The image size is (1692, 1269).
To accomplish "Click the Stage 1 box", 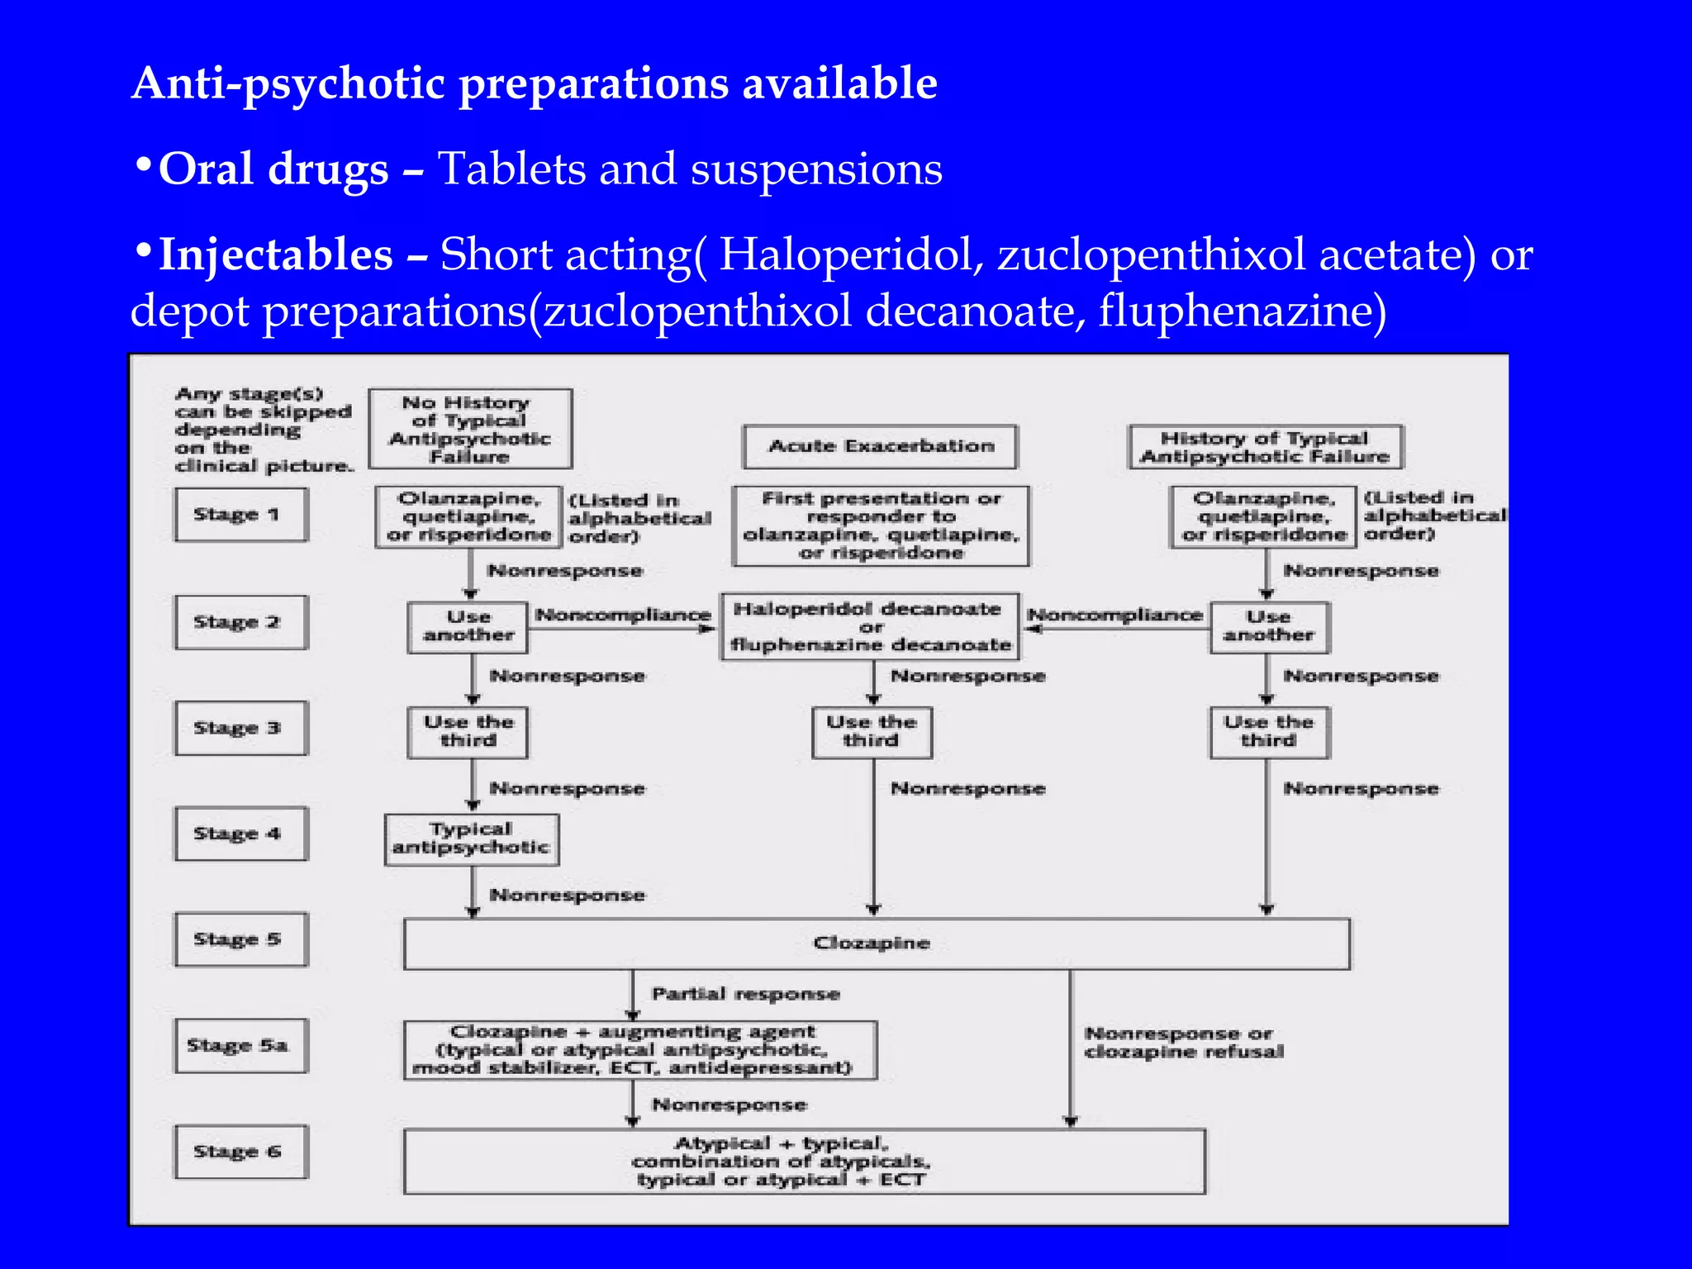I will pos(240,514).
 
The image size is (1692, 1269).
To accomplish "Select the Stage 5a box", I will pos(240,1045).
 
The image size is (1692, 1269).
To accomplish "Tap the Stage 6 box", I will pos(240,1151).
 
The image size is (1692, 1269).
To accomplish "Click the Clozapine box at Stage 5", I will pos(876,943).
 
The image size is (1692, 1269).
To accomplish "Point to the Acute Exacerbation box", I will pos(880,446).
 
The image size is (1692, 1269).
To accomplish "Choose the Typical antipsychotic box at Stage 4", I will pos(471,839).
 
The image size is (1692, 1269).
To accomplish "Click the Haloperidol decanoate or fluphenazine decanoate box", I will pos(870,626).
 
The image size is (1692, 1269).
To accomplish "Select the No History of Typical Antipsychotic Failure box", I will pos(469,429).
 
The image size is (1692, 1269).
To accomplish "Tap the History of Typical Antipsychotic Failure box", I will pos(1265,447).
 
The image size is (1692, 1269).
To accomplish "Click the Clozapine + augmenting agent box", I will pos(639,1049).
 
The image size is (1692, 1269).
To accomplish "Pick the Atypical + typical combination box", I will pos(803,1161).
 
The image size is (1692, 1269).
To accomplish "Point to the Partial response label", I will pos(745,994).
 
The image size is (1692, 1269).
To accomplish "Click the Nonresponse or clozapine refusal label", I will pos(1183,1043).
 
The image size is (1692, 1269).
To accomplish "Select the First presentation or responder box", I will pos(881,525).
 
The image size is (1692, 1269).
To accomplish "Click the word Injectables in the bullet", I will pos(275,254).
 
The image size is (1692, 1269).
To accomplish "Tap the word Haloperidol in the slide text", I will pos(851,254).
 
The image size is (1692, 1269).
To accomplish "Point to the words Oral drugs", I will pos(273,169).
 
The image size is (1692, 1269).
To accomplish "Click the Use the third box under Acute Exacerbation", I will pos(872,731).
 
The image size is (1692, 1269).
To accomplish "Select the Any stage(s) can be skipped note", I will pos(263,430).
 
